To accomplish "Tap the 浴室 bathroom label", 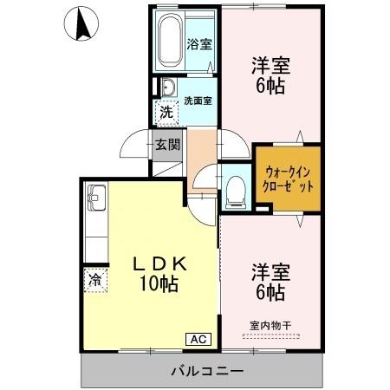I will click(198, 44).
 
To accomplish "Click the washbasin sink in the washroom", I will click(167, 88).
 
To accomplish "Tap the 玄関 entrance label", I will click(167, 146).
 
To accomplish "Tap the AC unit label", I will click(197, 339).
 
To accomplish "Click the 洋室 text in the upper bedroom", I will click(270, 66).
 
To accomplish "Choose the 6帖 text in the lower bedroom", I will click(270, 292).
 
